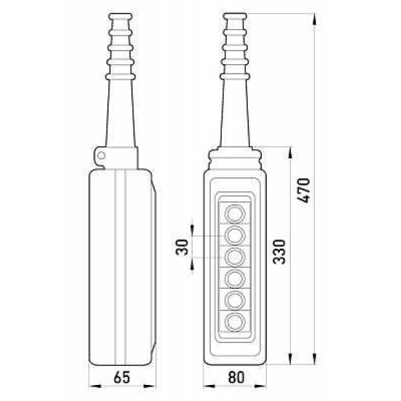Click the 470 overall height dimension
pyautogui.click(x=305, y=190)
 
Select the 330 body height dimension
pyautogui.click(x=279, y=252)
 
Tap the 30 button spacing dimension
pyautogui.click(x=182, y=247)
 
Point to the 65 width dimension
pyautogui.click(x=122, y=377)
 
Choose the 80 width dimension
pyautogui.click(x=236, y=377)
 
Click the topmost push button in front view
pyautogui.click(x=235, y=214)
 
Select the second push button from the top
pyautogui.click(x=235, y=235)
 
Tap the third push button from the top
pyautogui.click(x=235, y=257)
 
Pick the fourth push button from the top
pyautogui.click(x=235, y=279)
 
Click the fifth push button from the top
pyautogui.click(x=235, y=300)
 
